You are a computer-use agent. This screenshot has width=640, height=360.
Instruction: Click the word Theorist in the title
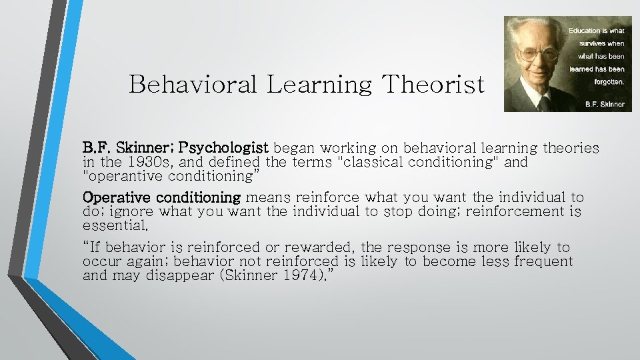pos(433,85)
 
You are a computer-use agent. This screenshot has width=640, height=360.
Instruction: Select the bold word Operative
pos(117,197)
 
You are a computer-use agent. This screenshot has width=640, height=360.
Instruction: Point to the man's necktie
pos(543,104)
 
